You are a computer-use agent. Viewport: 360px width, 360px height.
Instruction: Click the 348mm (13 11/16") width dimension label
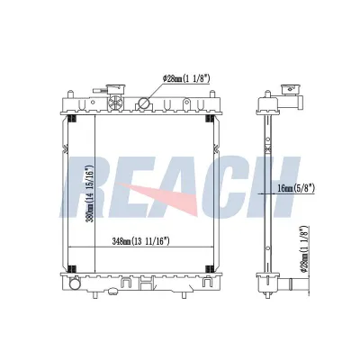(x=140, y=241)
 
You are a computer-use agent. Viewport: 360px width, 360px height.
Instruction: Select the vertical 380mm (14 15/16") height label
(x=89, y=193)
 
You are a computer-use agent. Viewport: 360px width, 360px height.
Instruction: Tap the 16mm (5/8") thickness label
(x=295, y=188)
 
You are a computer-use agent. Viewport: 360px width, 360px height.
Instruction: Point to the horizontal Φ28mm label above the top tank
(x=186, y=78)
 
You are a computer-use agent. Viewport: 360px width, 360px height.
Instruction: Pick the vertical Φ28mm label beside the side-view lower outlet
(x=305, y=249)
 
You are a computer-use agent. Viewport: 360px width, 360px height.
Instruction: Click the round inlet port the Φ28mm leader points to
(x=143, y=103)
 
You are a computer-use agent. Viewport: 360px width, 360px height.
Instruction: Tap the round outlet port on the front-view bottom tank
(x=74, y=283)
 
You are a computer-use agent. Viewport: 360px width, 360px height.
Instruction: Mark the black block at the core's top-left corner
(x=73, y=119)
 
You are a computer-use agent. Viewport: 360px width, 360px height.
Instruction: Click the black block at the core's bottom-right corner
(x=209, y=269)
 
